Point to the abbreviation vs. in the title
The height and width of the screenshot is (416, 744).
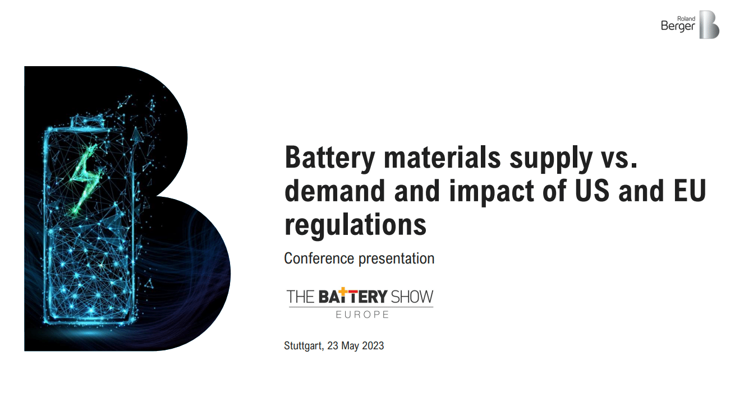616,158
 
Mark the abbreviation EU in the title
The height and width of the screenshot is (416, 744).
687,191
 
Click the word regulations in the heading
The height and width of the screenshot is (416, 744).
355,225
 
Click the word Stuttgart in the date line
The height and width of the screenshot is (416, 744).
303,346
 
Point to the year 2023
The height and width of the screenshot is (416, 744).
373,345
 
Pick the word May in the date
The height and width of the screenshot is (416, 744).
350,346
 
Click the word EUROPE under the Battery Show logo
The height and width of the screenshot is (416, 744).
362,315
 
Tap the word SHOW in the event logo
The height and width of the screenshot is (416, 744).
412,297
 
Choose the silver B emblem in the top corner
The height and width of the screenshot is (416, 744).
709,25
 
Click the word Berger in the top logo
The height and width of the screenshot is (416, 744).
678,26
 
